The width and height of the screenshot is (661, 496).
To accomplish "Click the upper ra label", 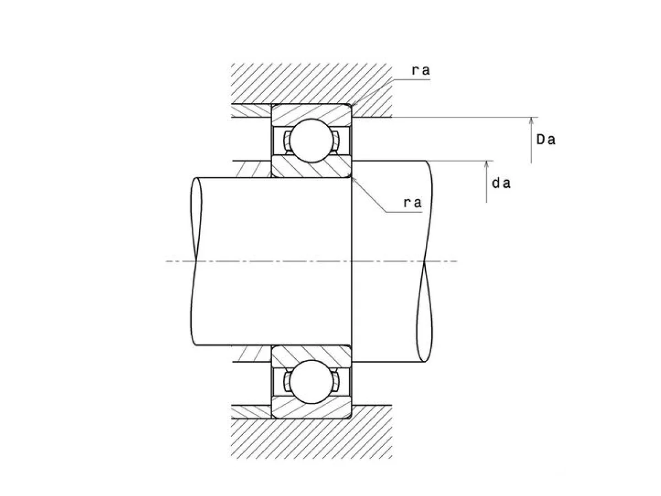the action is point(420,71).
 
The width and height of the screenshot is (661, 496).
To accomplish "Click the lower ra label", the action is point(412,202).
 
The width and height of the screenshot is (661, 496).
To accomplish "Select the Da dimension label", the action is point(546,139).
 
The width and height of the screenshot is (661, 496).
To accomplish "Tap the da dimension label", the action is point(501,183).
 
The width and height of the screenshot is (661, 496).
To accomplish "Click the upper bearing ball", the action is point(311,141).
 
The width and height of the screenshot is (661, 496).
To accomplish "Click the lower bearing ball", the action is point(311,381).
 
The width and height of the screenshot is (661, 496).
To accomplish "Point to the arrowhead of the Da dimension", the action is point(531,121).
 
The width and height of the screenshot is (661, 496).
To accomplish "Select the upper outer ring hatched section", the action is point(311,114).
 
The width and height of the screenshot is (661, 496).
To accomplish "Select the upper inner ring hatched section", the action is point(311,166).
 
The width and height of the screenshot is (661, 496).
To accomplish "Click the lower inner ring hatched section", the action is point(311,356).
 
